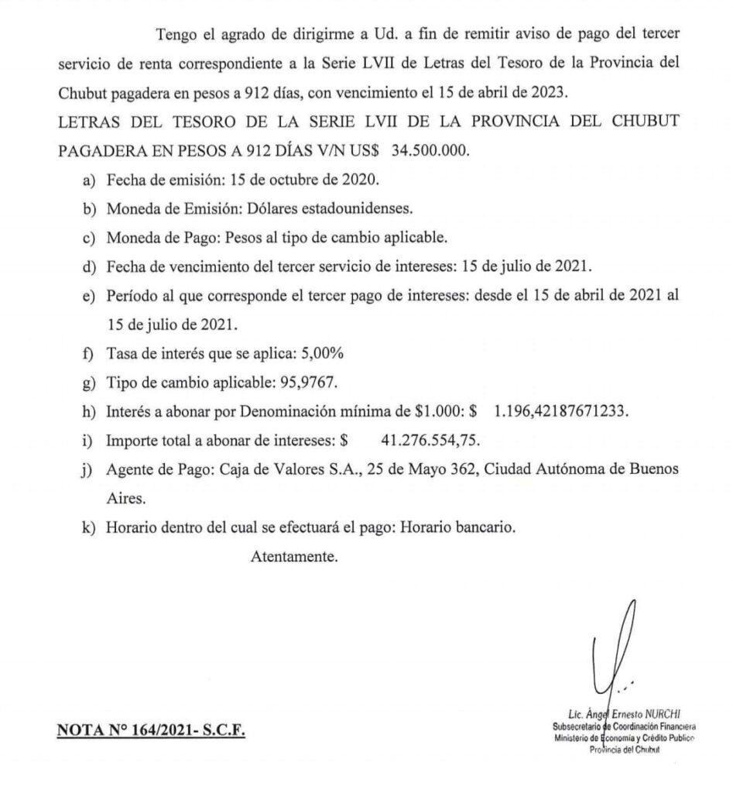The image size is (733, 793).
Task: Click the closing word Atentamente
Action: tap(294, 556)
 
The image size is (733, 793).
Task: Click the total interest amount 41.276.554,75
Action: tap(431, 440)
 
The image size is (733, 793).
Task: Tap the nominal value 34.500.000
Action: tap(430, 150)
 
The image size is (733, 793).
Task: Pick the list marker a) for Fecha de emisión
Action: tap(89, 180)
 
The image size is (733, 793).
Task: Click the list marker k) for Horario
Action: tap(89, 527)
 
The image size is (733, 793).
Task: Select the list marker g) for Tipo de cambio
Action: tap(89, 382)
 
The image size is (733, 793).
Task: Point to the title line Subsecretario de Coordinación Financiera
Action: tap(624, 726)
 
